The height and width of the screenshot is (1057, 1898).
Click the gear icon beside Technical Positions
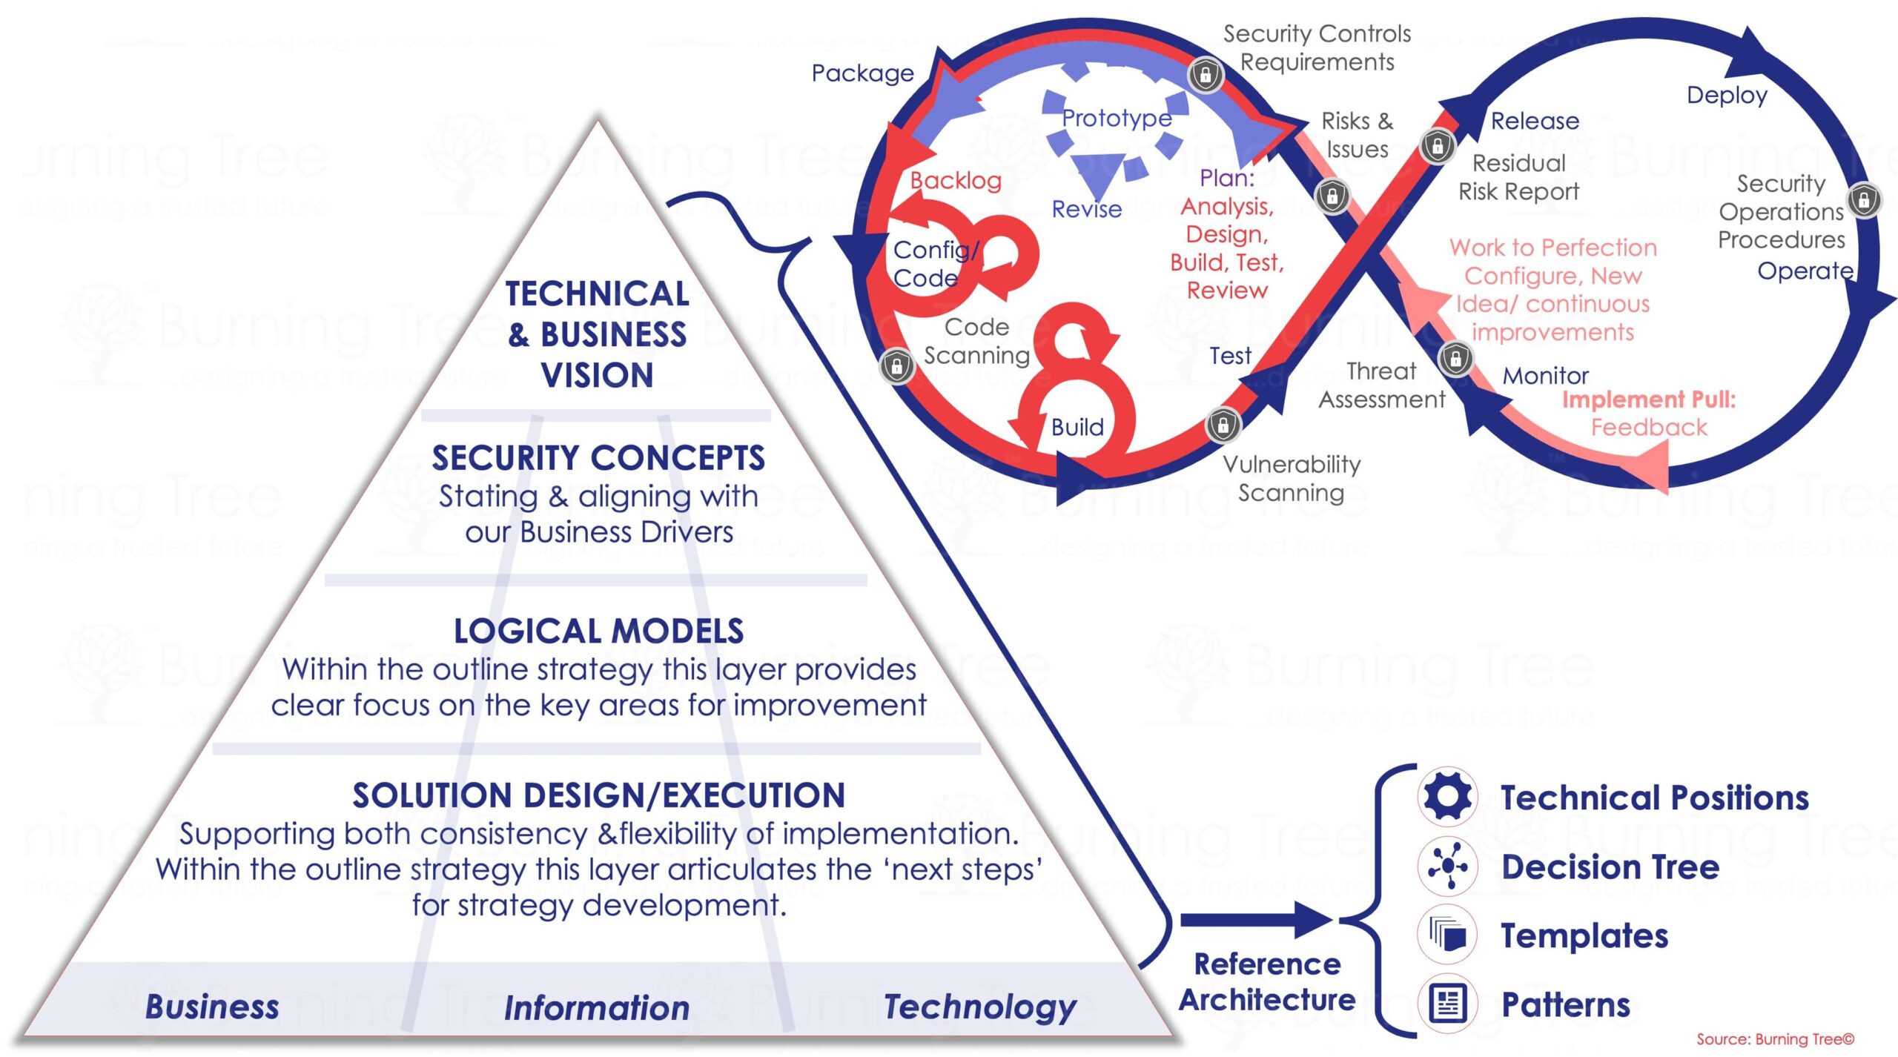point(1447,797)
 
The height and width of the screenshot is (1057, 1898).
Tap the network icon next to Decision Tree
point(1447,866)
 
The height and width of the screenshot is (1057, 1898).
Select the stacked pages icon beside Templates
point(1447,934)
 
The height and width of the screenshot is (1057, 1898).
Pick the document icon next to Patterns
point(1447,1004)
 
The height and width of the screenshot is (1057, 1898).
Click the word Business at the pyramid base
point(212,1007)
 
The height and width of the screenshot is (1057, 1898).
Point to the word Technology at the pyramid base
point(980,1007)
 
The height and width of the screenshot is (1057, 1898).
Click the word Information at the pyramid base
point(597,1008)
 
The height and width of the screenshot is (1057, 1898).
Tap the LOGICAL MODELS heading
point(598,632)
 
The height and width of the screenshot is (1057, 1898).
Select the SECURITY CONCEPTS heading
point(598,458)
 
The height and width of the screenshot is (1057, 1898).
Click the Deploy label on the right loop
point(1727,95)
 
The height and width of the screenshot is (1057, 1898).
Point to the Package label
point(862,73)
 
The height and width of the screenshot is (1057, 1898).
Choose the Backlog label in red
point(956,180)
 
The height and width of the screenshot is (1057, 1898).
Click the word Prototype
point(1117,118)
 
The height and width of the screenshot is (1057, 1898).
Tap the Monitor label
point(1546,376)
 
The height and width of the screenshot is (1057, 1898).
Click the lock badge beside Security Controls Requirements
point(1206,75)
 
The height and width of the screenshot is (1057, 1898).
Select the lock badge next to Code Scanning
point(896,365)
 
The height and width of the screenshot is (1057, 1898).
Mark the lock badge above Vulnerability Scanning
point(1223,425)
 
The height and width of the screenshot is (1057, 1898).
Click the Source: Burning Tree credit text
point(1775,1039)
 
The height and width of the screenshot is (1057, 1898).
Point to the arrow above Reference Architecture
point(1257,920)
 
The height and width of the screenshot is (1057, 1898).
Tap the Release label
point(1535,121)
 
